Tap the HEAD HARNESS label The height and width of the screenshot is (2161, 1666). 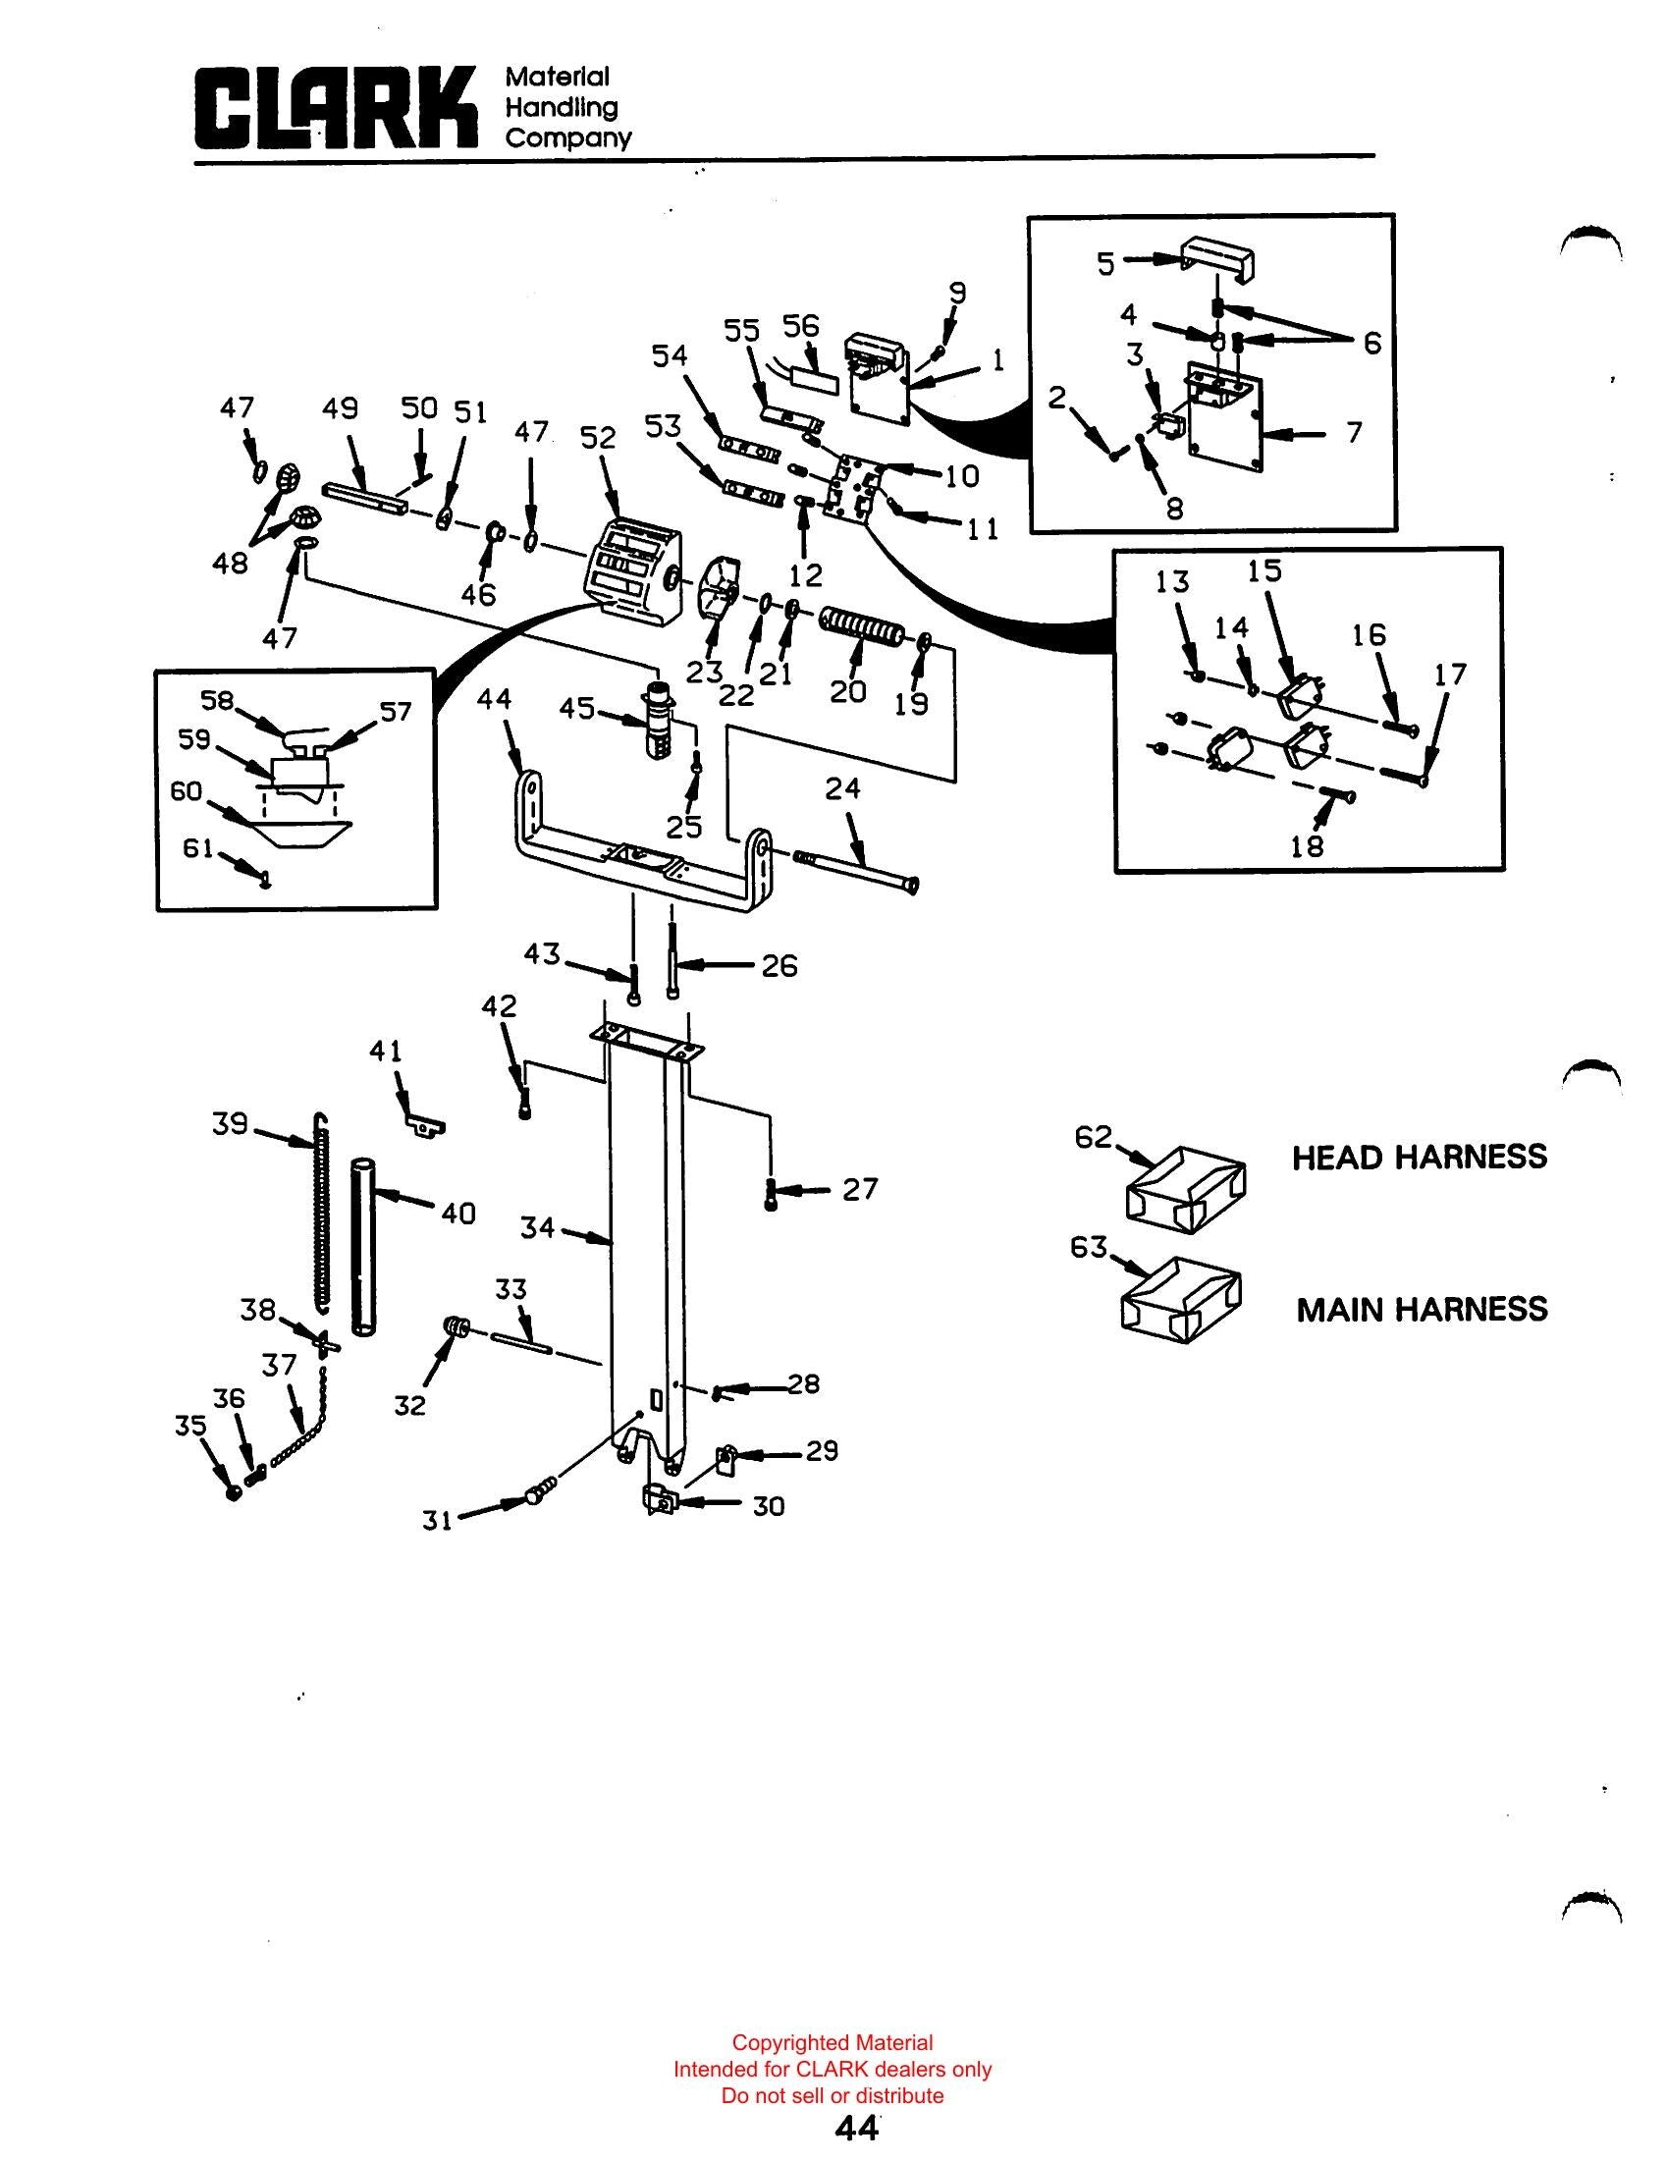(1420, 1158)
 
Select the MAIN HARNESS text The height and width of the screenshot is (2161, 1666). (1422, 1310)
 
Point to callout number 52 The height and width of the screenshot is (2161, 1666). (598, 437)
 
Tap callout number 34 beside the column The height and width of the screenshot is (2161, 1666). (538, 1228)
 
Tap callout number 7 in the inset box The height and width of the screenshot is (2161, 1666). (1355, 432)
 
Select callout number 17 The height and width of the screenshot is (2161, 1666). (1449, 675)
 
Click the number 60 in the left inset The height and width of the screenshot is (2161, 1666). (186, 791)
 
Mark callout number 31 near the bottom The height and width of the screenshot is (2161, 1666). (437, 1521)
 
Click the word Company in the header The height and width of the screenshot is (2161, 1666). (567, 137)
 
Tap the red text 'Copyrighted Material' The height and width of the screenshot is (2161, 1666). (832, 2042)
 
